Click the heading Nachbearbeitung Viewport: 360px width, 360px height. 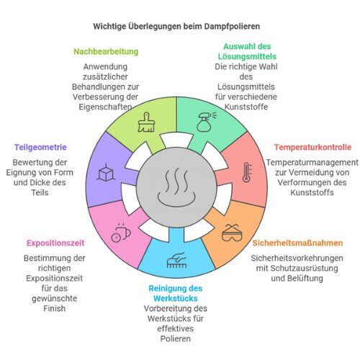106,52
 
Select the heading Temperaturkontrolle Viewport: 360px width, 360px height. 312,147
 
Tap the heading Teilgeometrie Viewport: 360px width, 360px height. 40,147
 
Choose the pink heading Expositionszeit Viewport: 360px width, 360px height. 55,243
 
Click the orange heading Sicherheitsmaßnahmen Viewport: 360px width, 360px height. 297,243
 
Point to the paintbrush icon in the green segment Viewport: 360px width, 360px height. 146,122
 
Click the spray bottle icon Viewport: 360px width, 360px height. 206,122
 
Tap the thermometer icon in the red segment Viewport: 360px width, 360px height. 247,172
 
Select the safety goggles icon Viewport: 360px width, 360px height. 232,233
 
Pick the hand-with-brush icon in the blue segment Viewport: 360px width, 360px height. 177,260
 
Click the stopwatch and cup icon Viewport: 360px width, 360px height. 121,233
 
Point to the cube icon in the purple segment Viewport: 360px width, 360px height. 106,172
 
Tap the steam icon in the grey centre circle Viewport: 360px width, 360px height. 176,187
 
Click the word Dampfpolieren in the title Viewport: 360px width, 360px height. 232,27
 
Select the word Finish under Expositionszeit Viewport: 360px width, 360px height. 54,308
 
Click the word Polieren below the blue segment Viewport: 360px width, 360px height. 176,338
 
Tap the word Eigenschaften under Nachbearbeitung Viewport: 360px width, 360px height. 105,107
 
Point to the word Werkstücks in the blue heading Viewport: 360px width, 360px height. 176,298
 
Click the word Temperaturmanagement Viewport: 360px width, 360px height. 312,163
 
